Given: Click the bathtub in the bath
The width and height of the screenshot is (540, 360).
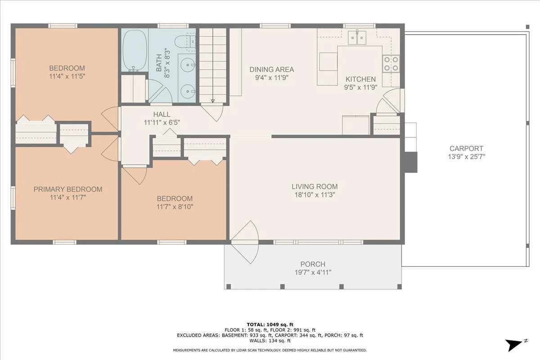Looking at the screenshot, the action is click(135, 51).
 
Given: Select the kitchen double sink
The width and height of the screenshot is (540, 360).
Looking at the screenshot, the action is click(357, 38).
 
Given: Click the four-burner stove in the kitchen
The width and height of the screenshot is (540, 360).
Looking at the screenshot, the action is click(391, 63).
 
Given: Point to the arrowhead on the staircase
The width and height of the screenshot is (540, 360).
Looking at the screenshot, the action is click(212, 101).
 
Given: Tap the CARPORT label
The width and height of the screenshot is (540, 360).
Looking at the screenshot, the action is click(466, 148).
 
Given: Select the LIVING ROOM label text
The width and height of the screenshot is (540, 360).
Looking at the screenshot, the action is click(315, 186).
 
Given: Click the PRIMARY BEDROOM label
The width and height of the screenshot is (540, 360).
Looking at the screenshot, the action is click(68, 189).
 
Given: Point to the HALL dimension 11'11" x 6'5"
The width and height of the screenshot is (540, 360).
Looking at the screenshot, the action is click(162, 122).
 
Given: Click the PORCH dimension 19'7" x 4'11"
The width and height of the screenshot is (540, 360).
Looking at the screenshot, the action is click(313, 272).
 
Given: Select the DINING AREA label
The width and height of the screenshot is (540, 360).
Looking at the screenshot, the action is click(272, 69).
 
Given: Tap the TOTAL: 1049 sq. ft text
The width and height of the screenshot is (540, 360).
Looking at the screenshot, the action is click(270, 324).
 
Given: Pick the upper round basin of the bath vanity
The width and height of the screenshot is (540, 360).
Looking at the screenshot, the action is click(188, 65).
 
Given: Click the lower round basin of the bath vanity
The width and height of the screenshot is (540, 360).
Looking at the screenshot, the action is click(188, 91).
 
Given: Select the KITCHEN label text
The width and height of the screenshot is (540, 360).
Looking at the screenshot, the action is click(360, 79).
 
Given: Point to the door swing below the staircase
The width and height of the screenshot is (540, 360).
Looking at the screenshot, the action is click(212, 112).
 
